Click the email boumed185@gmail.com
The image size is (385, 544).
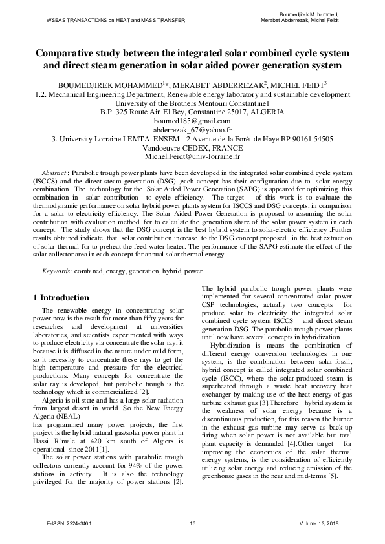click(192, 121)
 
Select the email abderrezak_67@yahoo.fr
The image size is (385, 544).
click(192, 129)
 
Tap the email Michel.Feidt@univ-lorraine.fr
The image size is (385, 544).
click(192, 156)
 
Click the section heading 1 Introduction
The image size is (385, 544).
click(70, 298)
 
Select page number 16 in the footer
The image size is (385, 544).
click(192, 522)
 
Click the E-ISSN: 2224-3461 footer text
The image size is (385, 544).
click(69, 522)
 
